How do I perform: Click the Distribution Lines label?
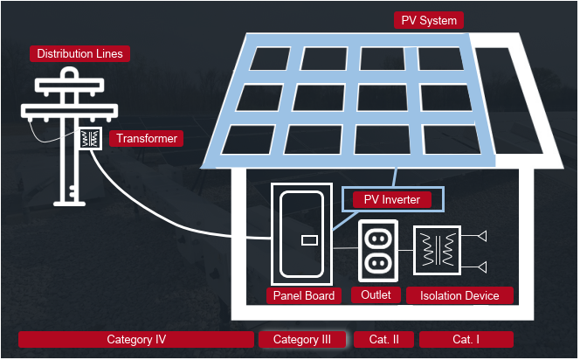pos(80,54)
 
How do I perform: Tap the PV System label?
pos(428,20)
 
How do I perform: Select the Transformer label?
pos(147,139)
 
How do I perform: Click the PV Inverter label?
pos(392,200)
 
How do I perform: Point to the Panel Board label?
pos(303,295)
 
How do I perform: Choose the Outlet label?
pos(376,294)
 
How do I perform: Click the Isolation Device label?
pos(459,295)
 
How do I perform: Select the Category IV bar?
pos(136,339)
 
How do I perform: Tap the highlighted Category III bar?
pos(302,339)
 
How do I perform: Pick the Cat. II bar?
pos(383,339)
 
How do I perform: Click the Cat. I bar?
pos(466,339)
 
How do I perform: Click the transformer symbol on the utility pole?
pos(89,139)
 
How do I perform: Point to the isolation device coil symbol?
pos(433,249)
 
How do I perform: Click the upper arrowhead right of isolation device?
pos(480,236)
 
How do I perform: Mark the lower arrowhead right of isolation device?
pos(480,266)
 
